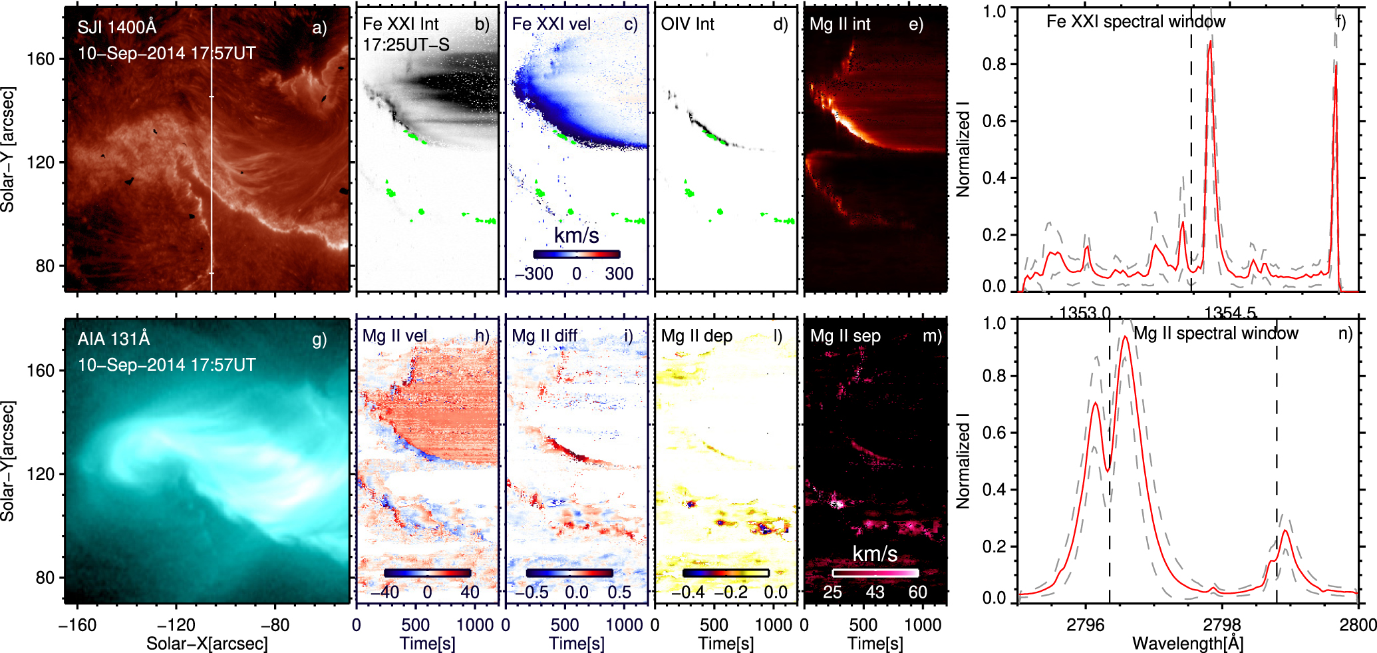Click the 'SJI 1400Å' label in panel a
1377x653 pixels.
[x=117, y=27]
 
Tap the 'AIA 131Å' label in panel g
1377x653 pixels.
[x=114, y=339]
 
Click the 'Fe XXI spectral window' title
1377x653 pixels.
[x=1136, y=22]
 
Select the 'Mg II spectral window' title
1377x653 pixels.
[x=1215, y=333]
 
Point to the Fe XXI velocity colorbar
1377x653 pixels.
[x=576, y=254]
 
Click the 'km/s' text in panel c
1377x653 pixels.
[x=576, y=235]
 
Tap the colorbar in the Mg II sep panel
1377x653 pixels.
[x=875, y=572]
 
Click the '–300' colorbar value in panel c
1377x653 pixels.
[x=534, y=274]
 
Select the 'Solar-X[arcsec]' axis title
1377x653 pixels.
[x=207, y=644]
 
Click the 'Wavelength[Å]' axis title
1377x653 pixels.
[x=1187, y=644]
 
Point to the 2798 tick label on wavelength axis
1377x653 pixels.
[x=1222, y=624]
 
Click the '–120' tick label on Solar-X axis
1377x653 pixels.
[x=176, y=624]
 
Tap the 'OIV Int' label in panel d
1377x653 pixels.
[x=687, y=25]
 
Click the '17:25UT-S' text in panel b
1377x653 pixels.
[x=406, y=45]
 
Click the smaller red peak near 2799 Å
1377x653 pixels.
[x=1285, y=531]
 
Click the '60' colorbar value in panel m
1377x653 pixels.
[x=917, y=592]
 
